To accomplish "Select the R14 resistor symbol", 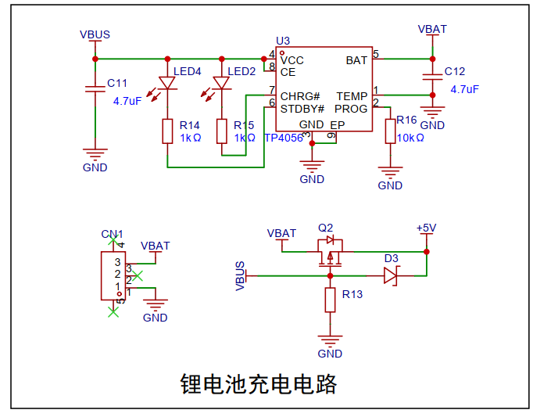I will click(x=167, y=131).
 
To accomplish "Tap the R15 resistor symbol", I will click(x=222, y=131).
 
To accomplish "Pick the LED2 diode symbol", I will click(x=222, y=82).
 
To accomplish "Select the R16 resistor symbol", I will click(x=390, y=131).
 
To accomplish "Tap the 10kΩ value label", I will click(x=410, y=138).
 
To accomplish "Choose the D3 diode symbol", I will click(x=391, y=275).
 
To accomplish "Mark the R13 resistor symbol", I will click(x=330, y=300).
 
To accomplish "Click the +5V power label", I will click(x=426, y=228).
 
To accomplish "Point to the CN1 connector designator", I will click(x=112, y=234).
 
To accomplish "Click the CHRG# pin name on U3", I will click(x=300, y=96).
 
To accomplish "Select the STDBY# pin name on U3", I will click(x=302, y=109).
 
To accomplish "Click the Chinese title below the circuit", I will click(x=259, y=385).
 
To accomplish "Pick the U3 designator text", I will click(x=283, y=41).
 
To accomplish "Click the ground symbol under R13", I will click(x=330, y=338).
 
